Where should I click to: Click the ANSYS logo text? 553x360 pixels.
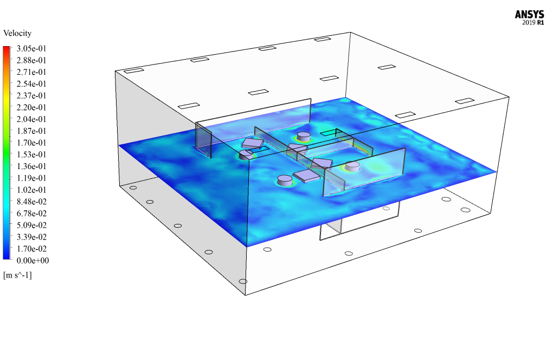click(529, 15)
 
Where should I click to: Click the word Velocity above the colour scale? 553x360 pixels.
click(17, 33)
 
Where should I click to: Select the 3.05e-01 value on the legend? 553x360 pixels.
click(31, 48)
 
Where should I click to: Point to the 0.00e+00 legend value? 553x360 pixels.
click(33, 261)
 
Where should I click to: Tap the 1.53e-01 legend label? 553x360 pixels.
click(31, 155)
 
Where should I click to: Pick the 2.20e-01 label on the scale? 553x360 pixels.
click(31, 107)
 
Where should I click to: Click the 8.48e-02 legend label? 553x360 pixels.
click(31, 202)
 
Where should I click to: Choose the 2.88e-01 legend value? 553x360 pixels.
click(31, 60)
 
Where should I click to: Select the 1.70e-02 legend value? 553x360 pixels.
click(31, 249)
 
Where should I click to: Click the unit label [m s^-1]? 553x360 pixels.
click(17, 275)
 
